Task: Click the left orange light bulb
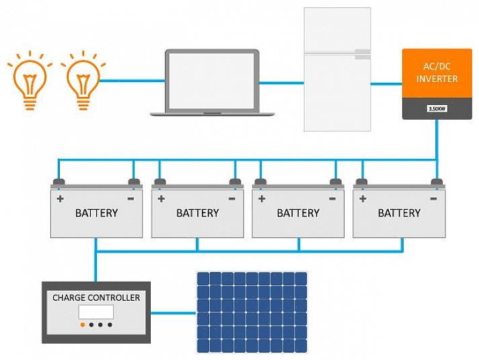[29, 79]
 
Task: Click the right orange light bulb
[83, 79]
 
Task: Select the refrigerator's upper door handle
[361, 51]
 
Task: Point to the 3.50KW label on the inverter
[437, 108]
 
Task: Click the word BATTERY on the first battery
[96, 213]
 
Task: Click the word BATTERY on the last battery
[399, 213]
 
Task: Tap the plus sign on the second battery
[161, 199]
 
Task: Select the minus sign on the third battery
[332, 199]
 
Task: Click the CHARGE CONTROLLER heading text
[96, 297]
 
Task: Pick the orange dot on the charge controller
[83, 324]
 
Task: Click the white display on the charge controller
[96, 312]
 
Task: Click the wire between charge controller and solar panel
[174, 313]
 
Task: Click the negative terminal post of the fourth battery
[437, 182]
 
